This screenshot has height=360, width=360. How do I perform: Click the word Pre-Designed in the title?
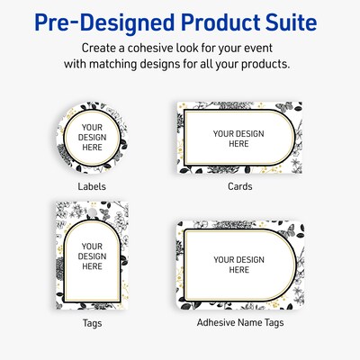pyautogui.click(x=94, y=21)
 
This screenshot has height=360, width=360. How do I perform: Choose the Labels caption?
pyautogui.click(x=91, y=186)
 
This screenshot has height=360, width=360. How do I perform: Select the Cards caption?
pyautogui.click(x=239, y=186)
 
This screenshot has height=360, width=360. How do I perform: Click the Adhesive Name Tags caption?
pyautogui.click(x=239, y=320)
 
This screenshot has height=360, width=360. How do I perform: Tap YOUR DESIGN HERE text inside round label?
pyautogui.click(x=92, y=139)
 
